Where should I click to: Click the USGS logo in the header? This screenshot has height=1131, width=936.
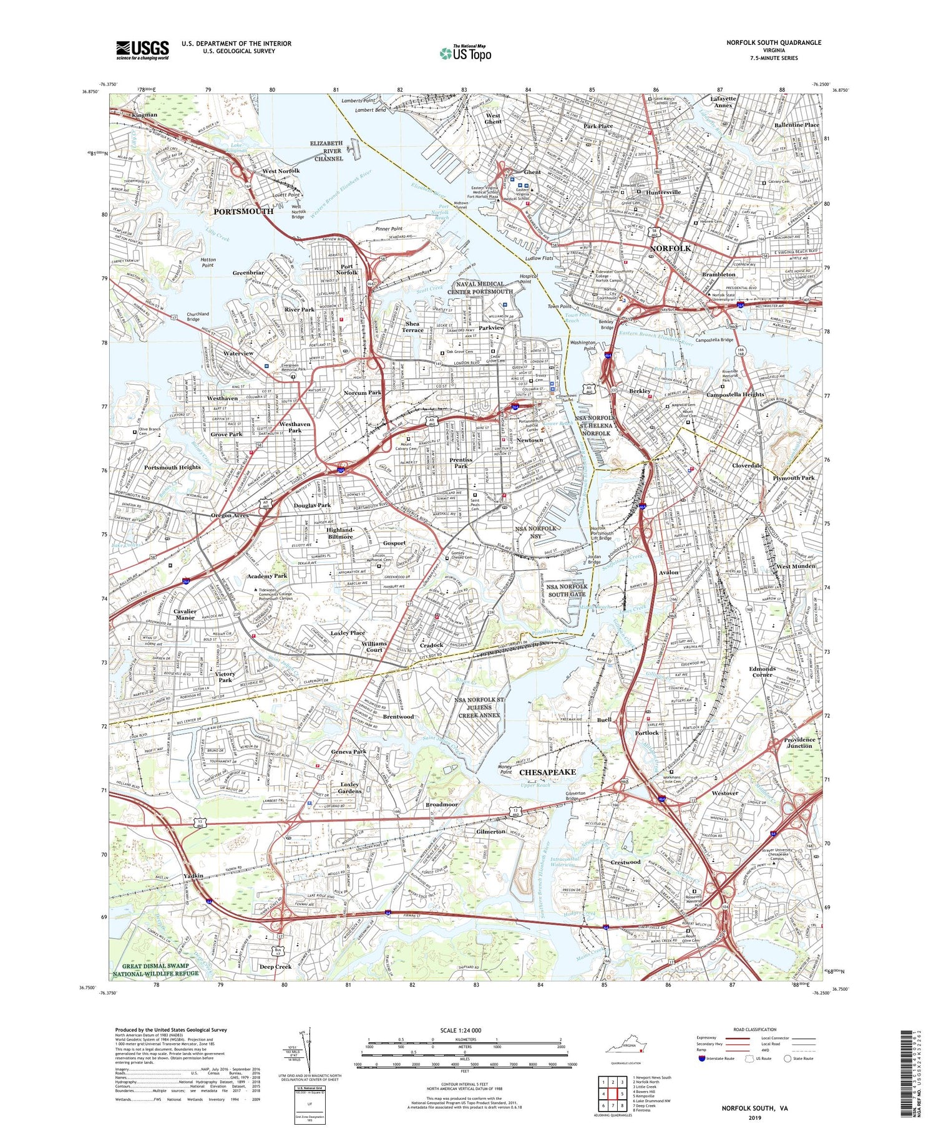point(142,50)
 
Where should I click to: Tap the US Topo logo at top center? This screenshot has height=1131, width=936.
point(465,53)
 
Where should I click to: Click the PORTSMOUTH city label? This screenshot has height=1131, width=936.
point(243,211)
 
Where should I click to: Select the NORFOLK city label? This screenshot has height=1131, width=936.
point(671,248)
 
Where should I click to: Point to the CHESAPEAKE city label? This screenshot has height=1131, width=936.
point(547,772)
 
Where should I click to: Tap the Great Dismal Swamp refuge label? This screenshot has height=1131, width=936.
point(155,970)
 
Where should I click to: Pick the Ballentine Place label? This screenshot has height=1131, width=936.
point(796,125)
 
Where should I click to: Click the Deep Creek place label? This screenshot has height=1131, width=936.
point(275,966)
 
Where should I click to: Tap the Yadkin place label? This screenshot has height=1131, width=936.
point(194,876)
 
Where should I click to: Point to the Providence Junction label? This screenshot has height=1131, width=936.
point(799,742)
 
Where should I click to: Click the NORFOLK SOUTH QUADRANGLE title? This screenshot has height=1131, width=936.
point(773,42)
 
